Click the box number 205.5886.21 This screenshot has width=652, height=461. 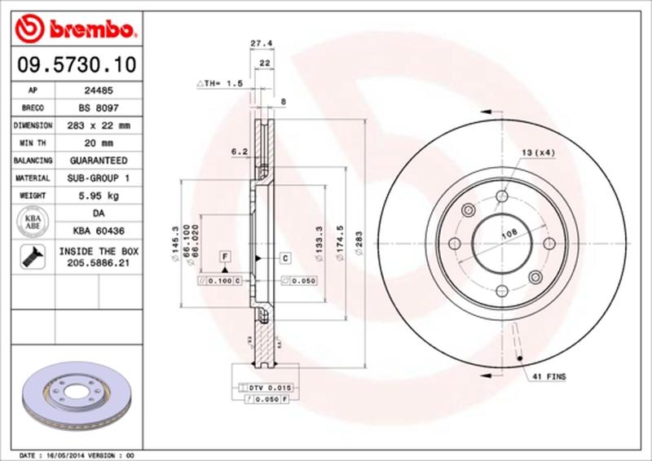[x=99, y=264]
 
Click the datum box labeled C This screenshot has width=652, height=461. [x=286, y=258]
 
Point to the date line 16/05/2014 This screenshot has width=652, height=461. [x=74, y=454]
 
